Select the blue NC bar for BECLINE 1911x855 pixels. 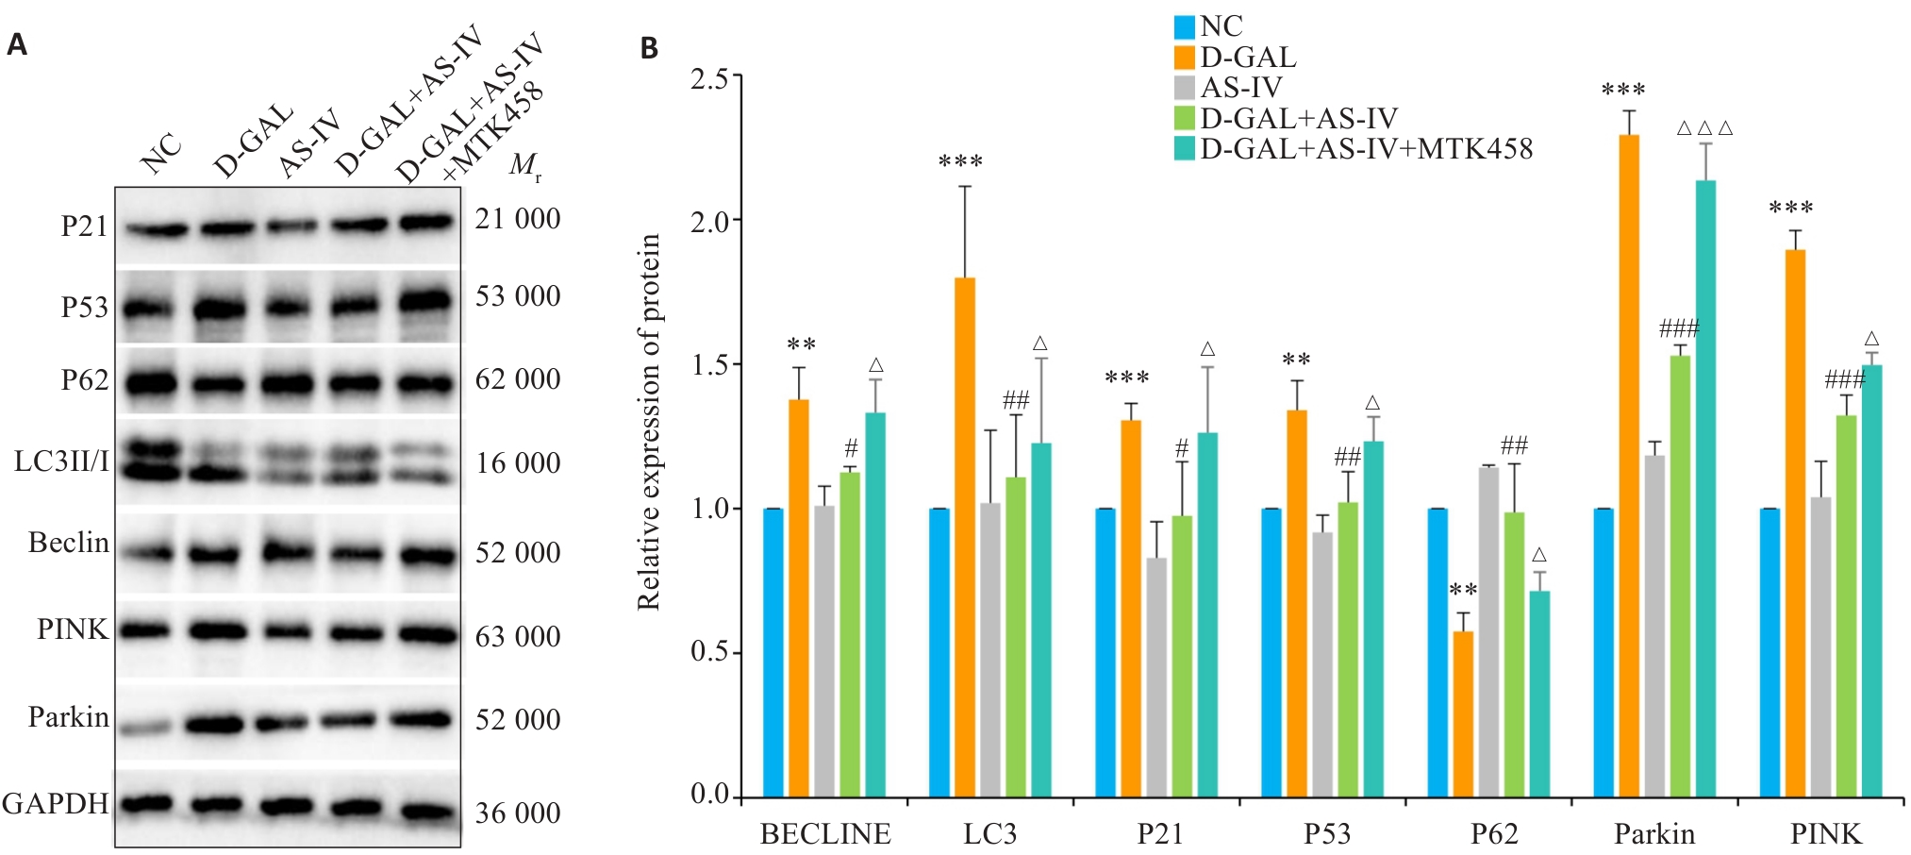[x=773, y=652]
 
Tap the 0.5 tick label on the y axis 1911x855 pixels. [x=709, y=652]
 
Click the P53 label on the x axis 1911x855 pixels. [x=1326, y=834]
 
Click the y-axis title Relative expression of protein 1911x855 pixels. [x=649, y=422]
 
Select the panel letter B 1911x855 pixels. [x=649, y=48]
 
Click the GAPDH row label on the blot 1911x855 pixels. [x=55, y=804]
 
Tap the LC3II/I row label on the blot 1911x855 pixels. [x=61, y=461]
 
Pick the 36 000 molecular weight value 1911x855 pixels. [x=518, y=813]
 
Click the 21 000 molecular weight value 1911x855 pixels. [x=518, y=219]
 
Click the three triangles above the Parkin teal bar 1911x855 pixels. [x=1705, y=128]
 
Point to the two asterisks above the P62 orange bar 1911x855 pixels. [x=1463, y=591]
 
